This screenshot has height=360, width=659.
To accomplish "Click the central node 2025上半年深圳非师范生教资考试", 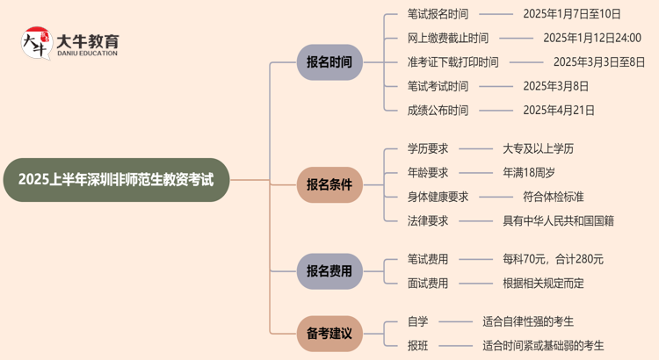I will coord(115,180).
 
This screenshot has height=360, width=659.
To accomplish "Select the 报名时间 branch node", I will coord(329,62).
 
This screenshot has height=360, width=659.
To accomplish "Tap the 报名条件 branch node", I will coord(329,185).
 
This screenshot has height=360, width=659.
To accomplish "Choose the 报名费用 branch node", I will coord(329,271).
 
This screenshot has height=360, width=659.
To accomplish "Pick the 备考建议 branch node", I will coord(329,334).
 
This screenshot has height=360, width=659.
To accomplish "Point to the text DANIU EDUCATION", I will coord(87,54).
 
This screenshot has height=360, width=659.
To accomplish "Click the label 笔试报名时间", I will coord(438,14).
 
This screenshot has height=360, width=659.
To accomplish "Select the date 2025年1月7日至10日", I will coord(571,14).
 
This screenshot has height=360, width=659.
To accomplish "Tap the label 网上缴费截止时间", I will coord(448,38).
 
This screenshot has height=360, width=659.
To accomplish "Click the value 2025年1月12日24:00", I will coord(591,38).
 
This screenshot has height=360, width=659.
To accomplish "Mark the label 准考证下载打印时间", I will coord(453,62).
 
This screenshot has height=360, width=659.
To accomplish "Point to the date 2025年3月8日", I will coord(555,86).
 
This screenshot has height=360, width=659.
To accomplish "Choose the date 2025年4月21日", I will coord(558,111).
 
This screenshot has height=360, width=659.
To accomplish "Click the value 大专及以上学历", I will coord(538,148).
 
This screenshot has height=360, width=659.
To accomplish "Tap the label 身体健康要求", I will coord(438,197).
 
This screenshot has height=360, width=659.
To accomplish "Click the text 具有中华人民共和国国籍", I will coord(558,221).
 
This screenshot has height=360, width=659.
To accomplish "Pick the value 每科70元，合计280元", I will coord(553,259).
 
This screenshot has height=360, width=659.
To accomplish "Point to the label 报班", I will coord(417,346).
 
